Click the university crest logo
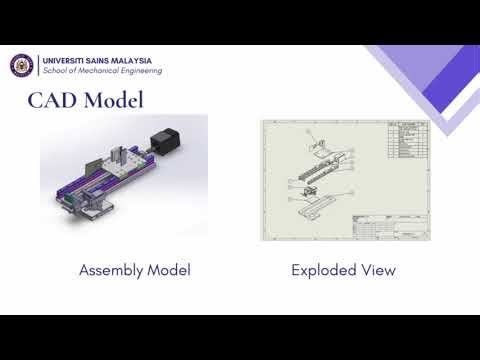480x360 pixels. pyautogui.click(x=22, y=65)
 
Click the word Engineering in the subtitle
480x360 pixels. pyautogui.click(x=144, y=71)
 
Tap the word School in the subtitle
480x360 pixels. pyautogui.click(x=55, y=71)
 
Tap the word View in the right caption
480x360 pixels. pyautogui.click(x=377, y=270)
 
